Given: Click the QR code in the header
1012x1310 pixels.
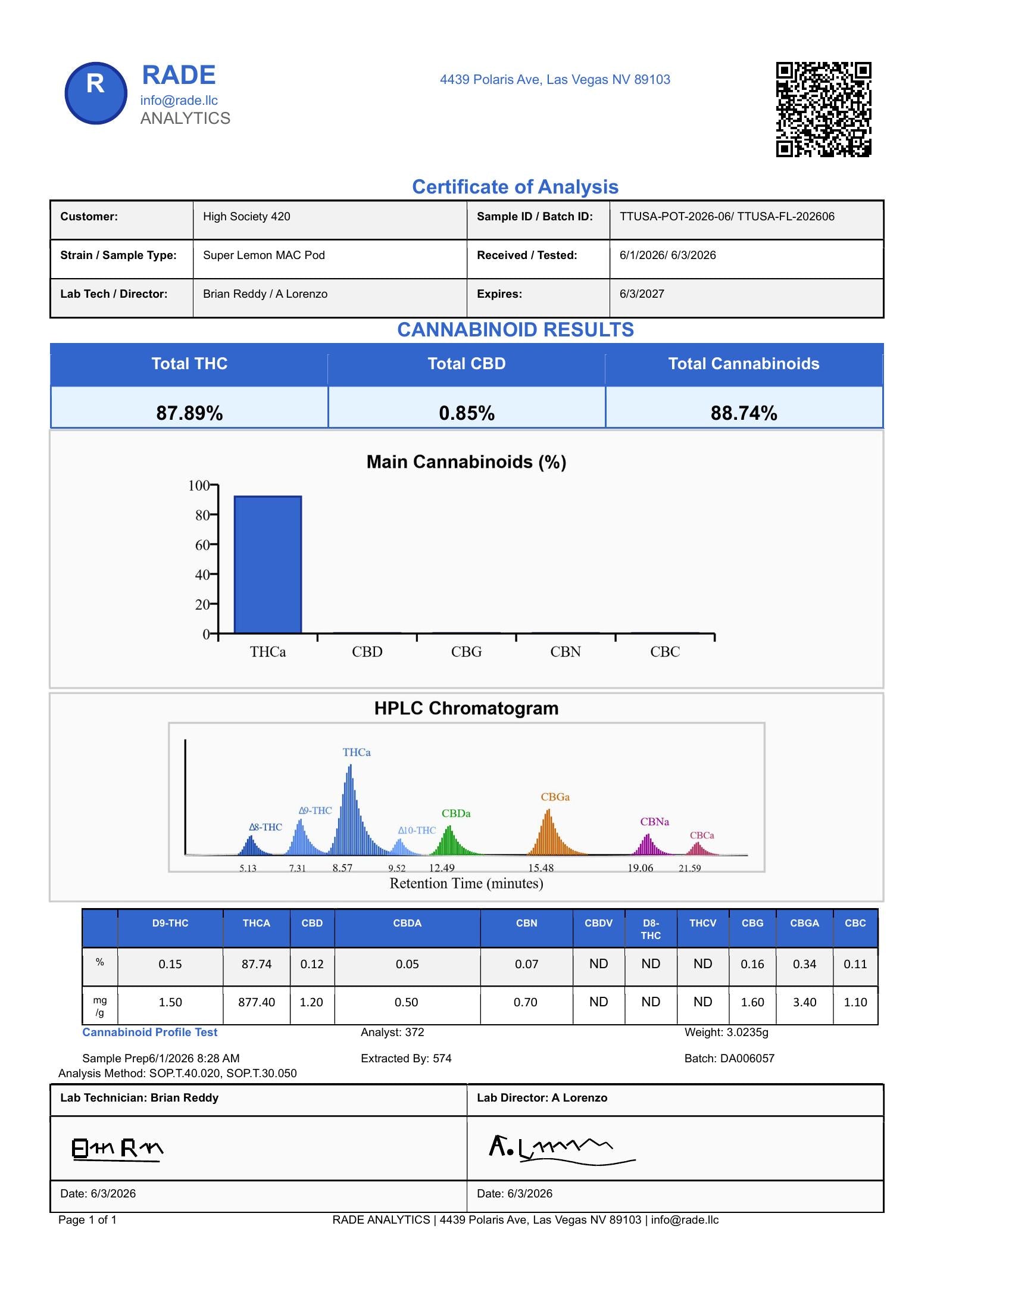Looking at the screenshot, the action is [823, 109].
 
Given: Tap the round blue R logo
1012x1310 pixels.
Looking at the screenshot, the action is [96, 93].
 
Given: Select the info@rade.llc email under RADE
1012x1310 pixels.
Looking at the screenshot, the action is [179, 100].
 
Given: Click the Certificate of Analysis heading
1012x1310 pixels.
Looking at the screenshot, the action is [515, 186].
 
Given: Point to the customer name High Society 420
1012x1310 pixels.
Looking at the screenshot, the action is [246, 217].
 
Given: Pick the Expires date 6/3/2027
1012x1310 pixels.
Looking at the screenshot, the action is [642, 294].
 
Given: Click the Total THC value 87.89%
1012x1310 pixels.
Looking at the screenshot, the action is [189, 413].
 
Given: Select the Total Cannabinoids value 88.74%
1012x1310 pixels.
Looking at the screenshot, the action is [744, 413].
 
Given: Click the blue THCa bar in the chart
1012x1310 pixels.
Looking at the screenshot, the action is [267, 564].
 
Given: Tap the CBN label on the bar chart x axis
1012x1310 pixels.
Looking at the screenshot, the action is [566, 652].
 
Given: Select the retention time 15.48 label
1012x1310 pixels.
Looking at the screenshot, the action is [541, 868].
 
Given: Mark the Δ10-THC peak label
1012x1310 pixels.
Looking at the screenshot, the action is [417, 830].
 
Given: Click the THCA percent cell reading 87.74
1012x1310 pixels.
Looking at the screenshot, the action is [257, 964].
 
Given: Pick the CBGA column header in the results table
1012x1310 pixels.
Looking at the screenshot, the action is [804, 923].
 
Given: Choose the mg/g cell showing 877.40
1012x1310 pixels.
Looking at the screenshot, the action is [257, 1002].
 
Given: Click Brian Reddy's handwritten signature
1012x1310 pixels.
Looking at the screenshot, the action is [117, 1149].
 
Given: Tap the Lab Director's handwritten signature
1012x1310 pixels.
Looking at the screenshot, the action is [562, 1149].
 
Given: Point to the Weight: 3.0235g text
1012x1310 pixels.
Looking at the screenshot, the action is [726, 1033].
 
